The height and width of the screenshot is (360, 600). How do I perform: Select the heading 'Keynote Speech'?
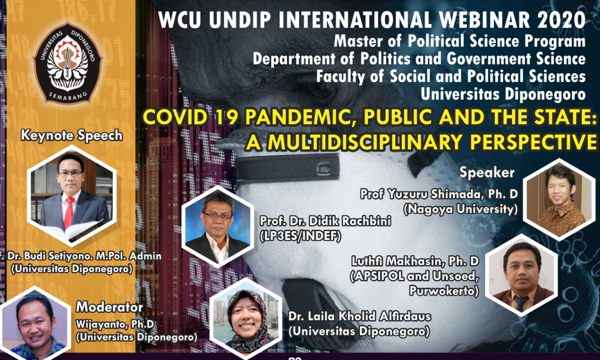pos(72,135)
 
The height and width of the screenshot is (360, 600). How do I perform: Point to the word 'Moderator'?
pos(109,307)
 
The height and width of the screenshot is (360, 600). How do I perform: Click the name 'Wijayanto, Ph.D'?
pos(115,324)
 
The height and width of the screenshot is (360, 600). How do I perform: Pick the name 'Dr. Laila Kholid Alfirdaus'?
pos(359,317)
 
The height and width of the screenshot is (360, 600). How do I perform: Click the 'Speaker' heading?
pos(487,172)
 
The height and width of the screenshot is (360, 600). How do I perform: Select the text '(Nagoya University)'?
pos(460,210)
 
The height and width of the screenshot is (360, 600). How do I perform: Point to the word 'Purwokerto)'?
pos(444,291)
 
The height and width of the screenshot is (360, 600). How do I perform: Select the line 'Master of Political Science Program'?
pos(459,41)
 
